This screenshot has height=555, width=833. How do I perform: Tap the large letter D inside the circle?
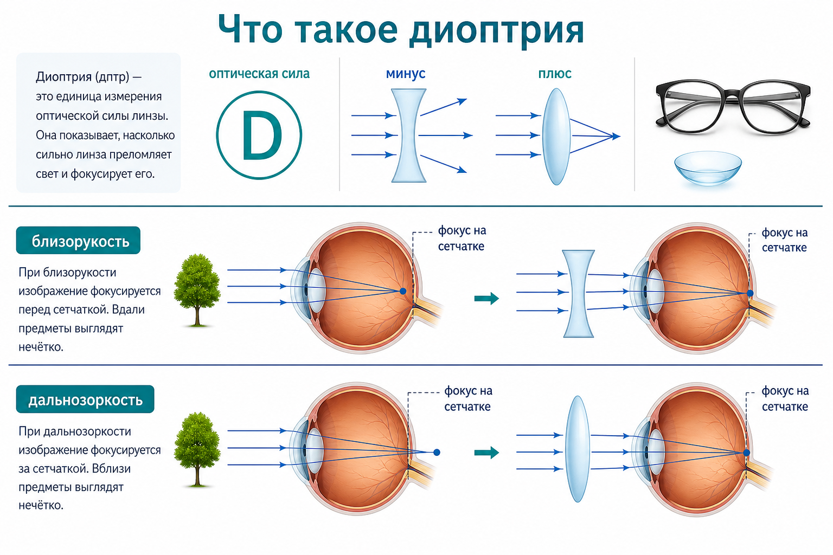[262, 135]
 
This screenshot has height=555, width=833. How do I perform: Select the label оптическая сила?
[259, 74]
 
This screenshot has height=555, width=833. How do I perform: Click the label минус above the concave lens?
[405, 74]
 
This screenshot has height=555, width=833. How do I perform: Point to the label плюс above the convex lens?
[554, 74]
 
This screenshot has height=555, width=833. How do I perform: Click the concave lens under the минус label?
[408, 135]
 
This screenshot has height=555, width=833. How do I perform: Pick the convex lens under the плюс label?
[556, 137]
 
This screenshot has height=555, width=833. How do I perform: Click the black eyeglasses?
[733, 107]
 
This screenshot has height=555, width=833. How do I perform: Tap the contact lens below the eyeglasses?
[708, 168]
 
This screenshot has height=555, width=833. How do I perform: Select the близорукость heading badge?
[78, 241]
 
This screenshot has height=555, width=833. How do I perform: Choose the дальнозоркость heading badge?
[85, 399]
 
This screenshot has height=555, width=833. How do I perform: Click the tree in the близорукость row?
[197, 290]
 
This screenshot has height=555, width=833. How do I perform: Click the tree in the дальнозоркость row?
[197, 449]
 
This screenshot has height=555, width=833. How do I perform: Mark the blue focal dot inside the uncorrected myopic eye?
[403, 292]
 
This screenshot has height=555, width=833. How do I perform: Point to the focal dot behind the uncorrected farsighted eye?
[437, 453]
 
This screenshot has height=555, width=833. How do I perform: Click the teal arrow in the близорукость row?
[486, 298]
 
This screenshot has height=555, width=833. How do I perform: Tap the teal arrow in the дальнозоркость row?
[486, 453]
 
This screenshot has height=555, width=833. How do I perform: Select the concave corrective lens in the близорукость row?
[578, 294]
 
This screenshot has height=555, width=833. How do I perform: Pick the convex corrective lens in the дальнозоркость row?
[577, 449]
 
